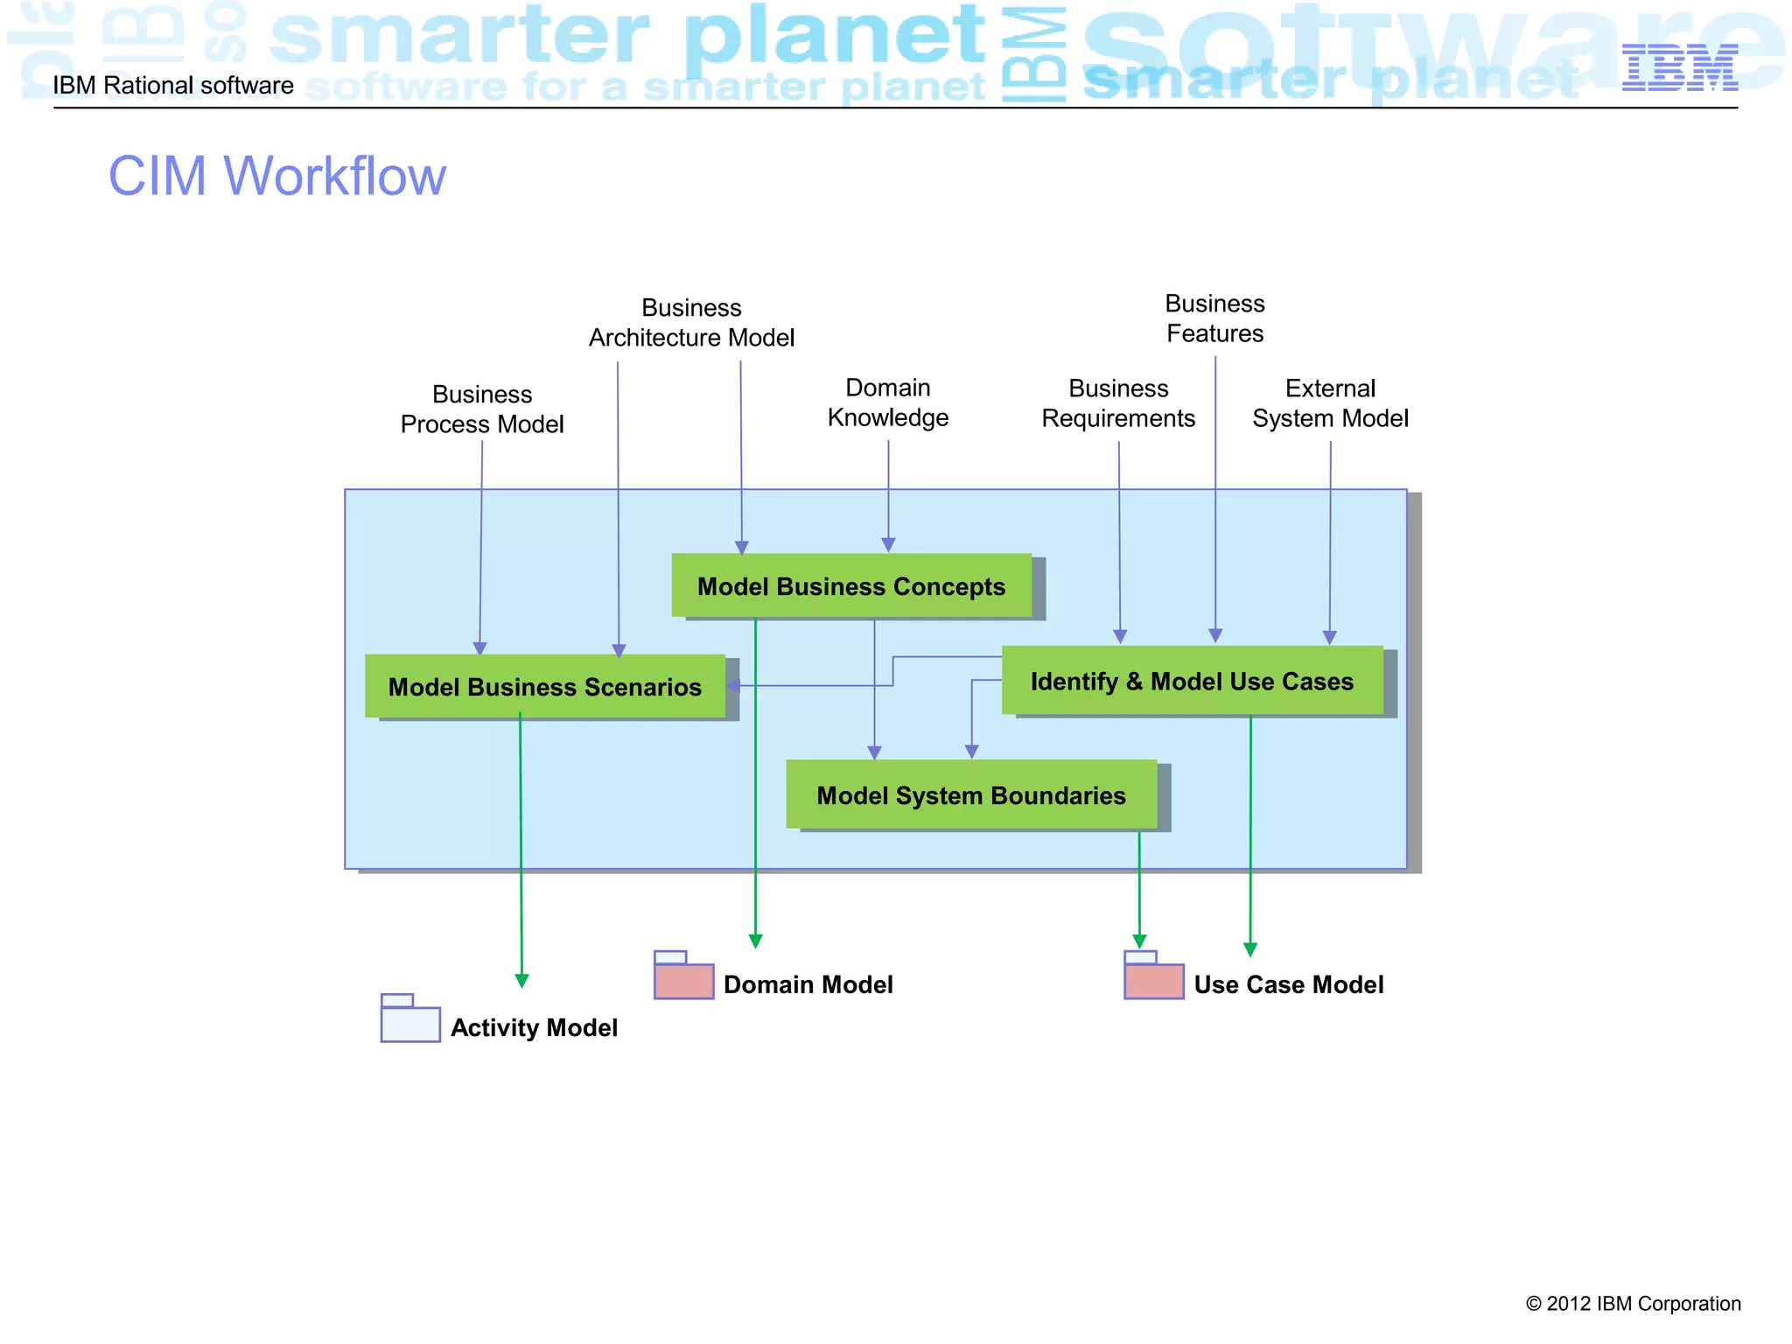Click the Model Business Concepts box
tap(850, 585)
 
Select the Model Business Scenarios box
tap(544, 687)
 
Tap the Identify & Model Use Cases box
tap(1192, 681)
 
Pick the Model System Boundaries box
tap(971, 794)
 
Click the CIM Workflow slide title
tap(276, 176)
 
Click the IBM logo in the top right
tap(1679, 68)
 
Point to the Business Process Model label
tap(482, 409)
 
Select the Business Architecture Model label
tap(691, 323)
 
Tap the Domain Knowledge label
tap(888, 402)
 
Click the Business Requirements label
tap(1118, 403)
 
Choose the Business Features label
tap(1214, 318)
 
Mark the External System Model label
tap(1330, 403)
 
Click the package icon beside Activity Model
tap(410, 1020)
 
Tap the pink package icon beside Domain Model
tap(683, 977)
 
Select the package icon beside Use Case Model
tap(1153, 977)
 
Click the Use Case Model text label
tap(1288, 984)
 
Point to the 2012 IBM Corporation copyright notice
tap(1633, 1303)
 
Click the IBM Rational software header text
tap(173, 86)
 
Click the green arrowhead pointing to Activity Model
tap(521, 981)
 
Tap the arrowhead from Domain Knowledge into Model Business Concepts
tap(888, 545)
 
